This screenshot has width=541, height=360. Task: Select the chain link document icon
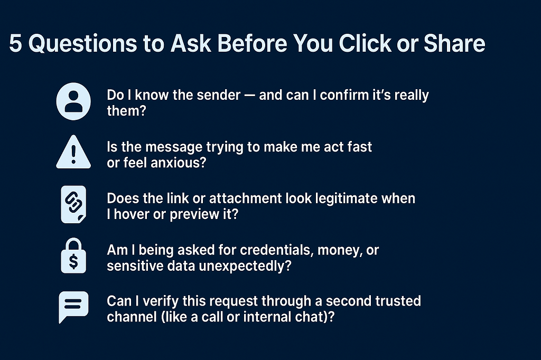(73, 205)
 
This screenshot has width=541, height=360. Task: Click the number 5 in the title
(15, 45)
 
